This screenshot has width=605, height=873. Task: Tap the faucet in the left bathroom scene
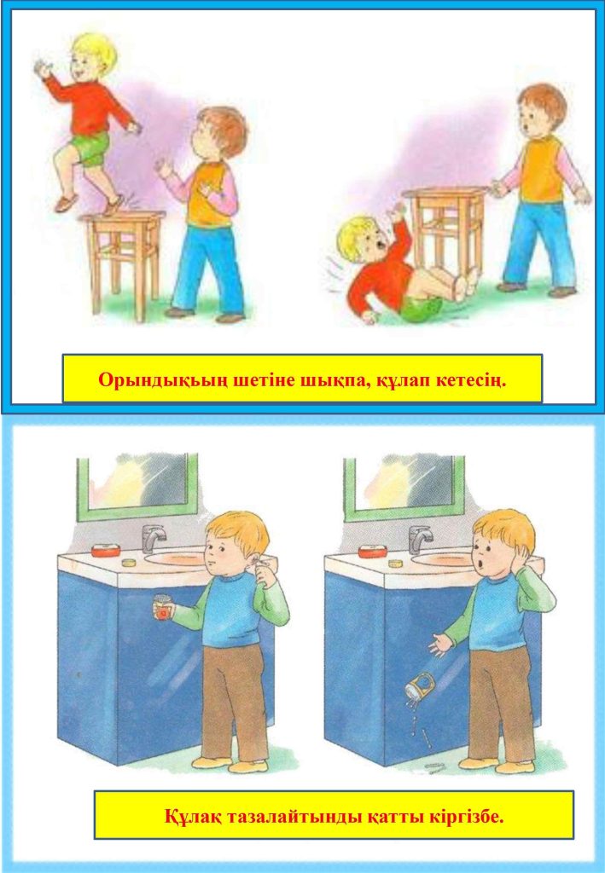click(153, 537)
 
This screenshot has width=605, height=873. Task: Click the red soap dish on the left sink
click(105, 551)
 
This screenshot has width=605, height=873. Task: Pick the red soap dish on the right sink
click(372, 552)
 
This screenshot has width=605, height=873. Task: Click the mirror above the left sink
click(137, 486)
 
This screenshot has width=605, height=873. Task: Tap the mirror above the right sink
click(404, 488)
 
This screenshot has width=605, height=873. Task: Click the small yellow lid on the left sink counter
click(130, 563)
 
